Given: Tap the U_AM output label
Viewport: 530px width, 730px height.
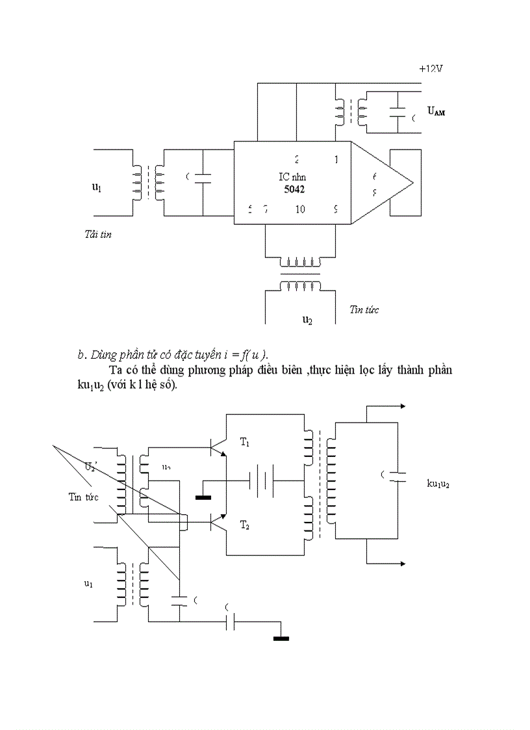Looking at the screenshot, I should (436, 111).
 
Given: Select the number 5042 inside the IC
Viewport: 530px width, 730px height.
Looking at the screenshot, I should (294, 189).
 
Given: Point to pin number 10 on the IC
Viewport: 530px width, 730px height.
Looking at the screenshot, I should (299, 209).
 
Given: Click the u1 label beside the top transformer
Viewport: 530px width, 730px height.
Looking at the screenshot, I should (96, 187).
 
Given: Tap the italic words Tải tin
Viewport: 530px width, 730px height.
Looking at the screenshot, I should (98, 234).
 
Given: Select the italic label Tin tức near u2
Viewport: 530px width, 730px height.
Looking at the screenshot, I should (364, 309).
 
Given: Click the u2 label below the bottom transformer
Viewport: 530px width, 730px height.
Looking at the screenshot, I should (308, 320).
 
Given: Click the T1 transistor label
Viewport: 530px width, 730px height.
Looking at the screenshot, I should (245, 443).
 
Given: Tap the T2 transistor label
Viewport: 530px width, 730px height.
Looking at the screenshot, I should (245, 525).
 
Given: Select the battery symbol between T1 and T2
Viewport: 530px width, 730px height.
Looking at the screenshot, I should (262, 480).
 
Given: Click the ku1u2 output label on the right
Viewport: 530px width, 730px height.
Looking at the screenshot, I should (439, 484).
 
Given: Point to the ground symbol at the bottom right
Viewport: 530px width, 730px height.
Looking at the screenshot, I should (281, 638).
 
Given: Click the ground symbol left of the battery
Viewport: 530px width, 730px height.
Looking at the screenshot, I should (203, 498).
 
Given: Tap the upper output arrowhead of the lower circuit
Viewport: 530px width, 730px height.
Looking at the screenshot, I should (403, 406).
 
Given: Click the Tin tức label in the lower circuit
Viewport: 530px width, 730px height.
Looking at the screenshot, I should (82, 497).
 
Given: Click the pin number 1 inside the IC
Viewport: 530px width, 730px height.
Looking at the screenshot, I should (336, 159).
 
